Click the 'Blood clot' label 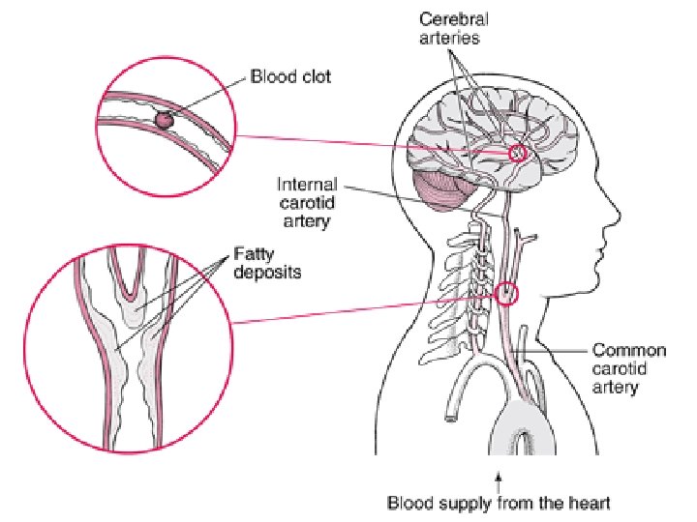(x=290, y=75)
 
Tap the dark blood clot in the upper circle (x=164, y=120)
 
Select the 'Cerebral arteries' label (x=452, y=28)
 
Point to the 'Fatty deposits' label (x=266, y=265)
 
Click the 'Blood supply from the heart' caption (x=500, y=503)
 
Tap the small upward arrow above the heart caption (x=500, y=477)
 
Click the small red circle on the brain (x=518, y=153)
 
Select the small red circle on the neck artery (x=506, y=293)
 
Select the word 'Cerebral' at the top (x=452, y=18)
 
